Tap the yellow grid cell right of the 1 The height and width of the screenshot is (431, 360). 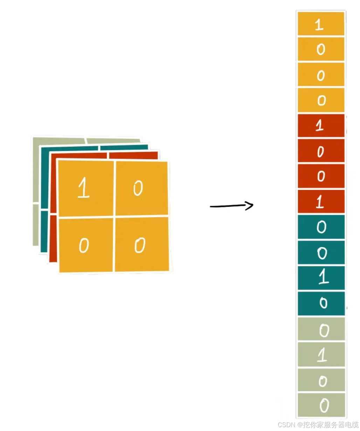click(x=141, y=188)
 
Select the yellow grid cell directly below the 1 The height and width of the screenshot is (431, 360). click(x=85, y=245)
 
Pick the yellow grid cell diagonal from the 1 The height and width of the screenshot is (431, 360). click(x=141, y=245)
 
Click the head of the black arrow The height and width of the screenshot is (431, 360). click(x=249, y=205)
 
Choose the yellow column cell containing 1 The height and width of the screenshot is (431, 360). click(x=321, y=24)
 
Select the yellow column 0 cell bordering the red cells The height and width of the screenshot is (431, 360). click(x=321, y=100)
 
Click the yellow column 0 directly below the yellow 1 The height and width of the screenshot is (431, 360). click(x=321, y=49)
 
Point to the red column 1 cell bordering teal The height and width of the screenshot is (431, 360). click(x=321, y=202)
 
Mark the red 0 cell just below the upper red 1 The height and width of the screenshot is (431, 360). click(x=321, y=151)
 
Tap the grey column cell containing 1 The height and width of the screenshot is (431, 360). click(x=321, y=355)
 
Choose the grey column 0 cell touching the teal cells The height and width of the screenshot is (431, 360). click(x=321, y=330)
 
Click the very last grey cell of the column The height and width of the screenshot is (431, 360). click(x=321, y=405)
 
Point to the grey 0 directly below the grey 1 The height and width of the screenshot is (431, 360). click(x=321, y=380)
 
